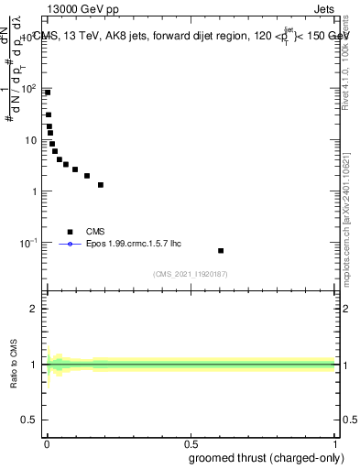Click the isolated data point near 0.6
[221, 250]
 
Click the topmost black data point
[48, 93]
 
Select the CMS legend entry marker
[69, 232]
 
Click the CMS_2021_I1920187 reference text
[190, 274]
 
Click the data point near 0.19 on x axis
[101, 184]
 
